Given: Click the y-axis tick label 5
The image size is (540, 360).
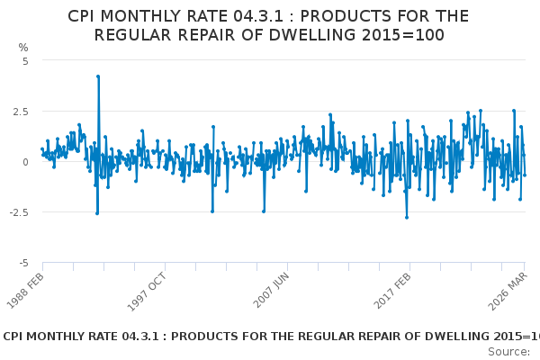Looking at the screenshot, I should coord(25,61).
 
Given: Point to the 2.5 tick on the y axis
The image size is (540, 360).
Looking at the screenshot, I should coord(21,112).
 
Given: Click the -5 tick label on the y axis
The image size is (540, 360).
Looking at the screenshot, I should coord(23,263).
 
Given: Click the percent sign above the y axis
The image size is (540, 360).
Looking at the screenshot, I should coord(23,47).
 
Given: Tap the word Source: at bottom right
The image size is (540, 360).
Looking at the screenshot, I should coord(508,351).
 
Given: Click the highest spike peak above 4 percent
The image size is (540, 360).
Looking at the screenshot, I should coord(97,76).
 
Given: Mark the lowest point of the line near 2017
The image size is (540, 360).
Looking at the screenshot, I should coord(406,217).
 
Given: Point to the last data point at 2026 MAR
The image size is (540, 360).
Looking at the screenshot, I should coord(525,175).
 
